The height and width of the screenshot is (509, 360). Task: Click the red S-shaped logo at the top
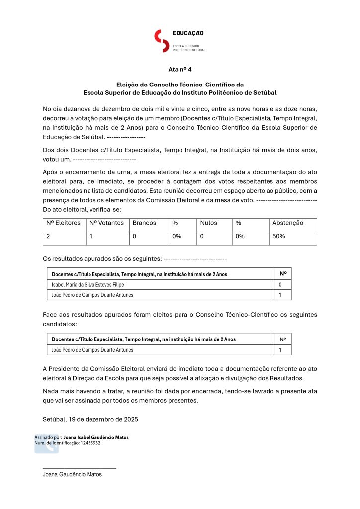click(162, 41)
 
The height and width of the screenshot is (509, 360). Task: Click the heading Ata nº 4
click(180, 69)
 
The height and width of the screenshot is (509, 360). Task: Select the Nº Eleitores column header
click(63, 223)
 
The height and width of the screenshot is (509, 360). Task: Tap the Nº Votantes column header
click(106, 223)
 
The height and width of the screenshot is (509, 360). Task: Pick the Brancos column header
click(144, 223)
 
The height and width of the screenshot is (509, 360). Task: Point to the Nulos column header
click(209, 223)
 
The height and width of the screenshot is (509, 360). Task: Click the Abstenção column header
click(288, 223)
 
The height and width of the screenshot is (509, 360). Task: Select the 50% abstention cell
click(279, 237)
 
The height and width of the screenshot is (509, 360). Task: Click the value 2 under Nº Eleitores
click(48, 237)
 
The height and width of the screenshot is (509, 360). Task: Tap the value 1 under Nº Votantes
click(91, 237)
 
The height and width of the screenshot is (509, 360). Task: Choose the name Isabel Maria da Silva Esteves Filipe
click(88, 285)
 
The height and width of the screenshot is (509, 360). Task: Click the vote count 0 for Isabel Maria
click(280, 285)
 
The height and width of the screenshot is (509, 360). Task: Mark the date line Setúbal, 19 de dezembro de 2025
click(90, 419)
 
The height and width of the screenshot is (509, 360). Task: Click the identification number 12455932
click(90, 443)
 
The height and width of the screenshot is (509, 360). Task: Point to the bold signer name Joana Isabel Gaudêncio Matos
click(96, 437)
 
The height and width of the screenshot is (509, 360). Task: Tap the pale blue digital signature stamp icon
click(46, 443)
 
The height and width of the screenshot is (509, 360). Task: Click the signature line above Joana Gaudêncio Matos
click(80, 468)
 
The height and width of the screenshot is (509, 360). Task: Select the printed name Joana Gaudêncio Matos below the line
click(72, 475)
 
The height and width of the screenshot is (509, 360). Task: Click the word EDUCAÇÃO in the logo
click(188, 33)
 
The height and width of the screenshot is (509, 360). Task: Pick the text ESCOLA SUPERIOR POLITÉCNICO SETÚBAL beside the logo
click(188, 48)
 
